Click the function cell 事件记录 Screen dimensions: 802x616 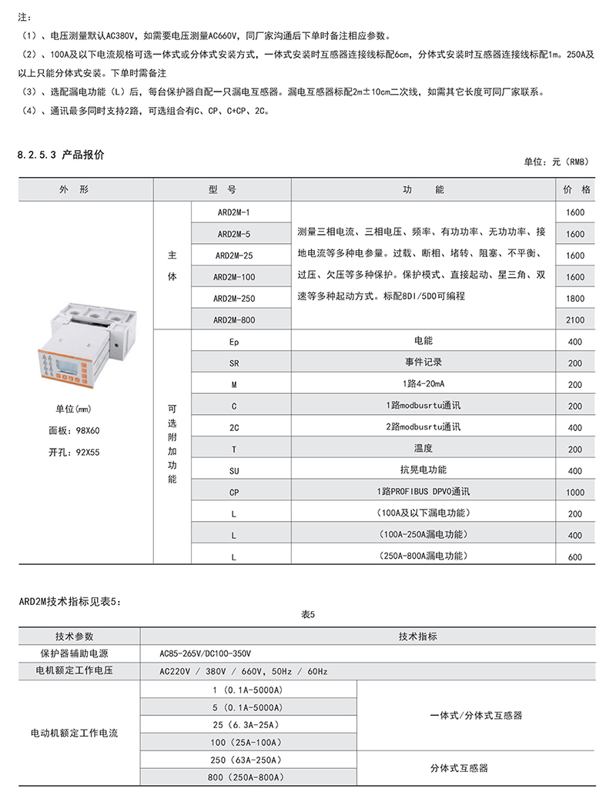[x=423, y=362]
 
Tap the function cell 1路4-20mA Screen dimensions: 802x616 [x=423, y=383]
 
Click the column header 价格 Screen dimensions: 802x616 [x=576, y=189]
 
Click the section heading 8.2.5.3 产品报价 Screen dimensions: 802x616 [x=61, y=155]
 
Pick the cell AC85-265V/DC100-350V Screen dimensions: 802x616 [x=205, y=653]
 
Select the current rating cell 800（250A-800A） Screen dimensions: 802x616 [x=248, y=777]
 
